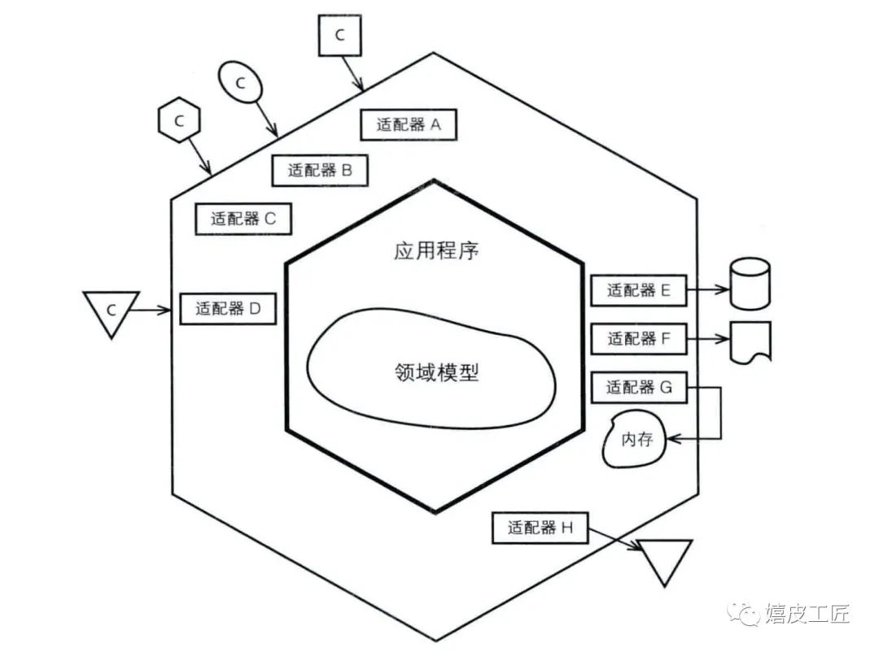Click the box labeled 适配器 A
(408, 124)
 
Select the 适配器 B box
(320, 170)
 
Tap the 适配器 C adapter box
(243, 219)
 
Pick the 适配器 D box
(228, 308)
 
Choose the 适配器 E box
(639, 290)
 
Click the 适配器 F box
(639, 338)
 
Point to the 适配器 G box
(639, 387)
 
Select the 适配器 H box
(540, 527)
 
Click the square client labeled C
(339, 35)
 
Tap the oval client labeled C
(240, 82)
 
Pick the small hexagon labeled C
(179, 120)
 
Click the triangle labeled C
(111, 311)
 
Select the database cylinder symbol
(750, 284)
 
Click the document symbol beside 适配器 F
(750, 342)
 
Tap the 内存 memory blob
(635, 439)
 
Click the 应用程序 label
(436, 250)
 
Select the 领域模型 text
(437, 372)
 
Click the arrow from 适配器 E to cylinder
(708, 289)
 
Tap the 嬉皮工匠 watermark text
(808, 613)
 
